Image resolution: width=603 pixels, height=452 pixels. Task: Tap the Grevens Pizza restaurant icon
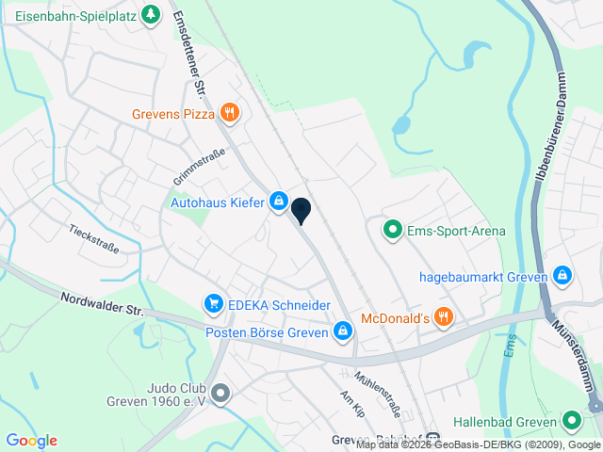point(230,114)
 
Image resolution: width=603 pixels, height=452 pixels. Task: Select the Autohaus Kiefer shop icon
point(279,201)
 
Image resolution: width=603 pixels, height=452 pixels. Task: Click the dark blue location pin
point(301,210)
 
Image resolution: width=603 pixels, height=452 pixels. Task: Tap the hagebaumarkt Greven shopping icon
point(562,276)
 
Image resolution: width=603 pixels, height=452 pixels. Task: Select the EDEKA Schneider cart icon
point(214,304)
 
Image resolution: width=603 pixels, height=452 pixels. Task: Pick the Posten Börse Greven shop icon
point(343,331)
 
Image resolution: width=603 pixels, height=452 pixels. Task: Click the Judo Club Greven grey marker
point(220,393)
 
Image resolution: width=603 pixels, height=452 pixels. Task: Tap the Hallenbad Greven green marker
point(570,421)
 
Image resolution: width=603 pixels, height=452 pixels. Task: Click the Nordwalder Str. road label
point(101,302)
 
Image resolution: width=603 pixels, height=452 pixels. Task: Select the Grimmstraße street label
point(199,167)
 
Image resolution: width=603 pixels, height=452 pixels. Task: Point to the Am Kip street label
point(351,403)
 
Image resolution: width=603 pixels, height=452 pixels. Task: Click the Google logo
point(31,440)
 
